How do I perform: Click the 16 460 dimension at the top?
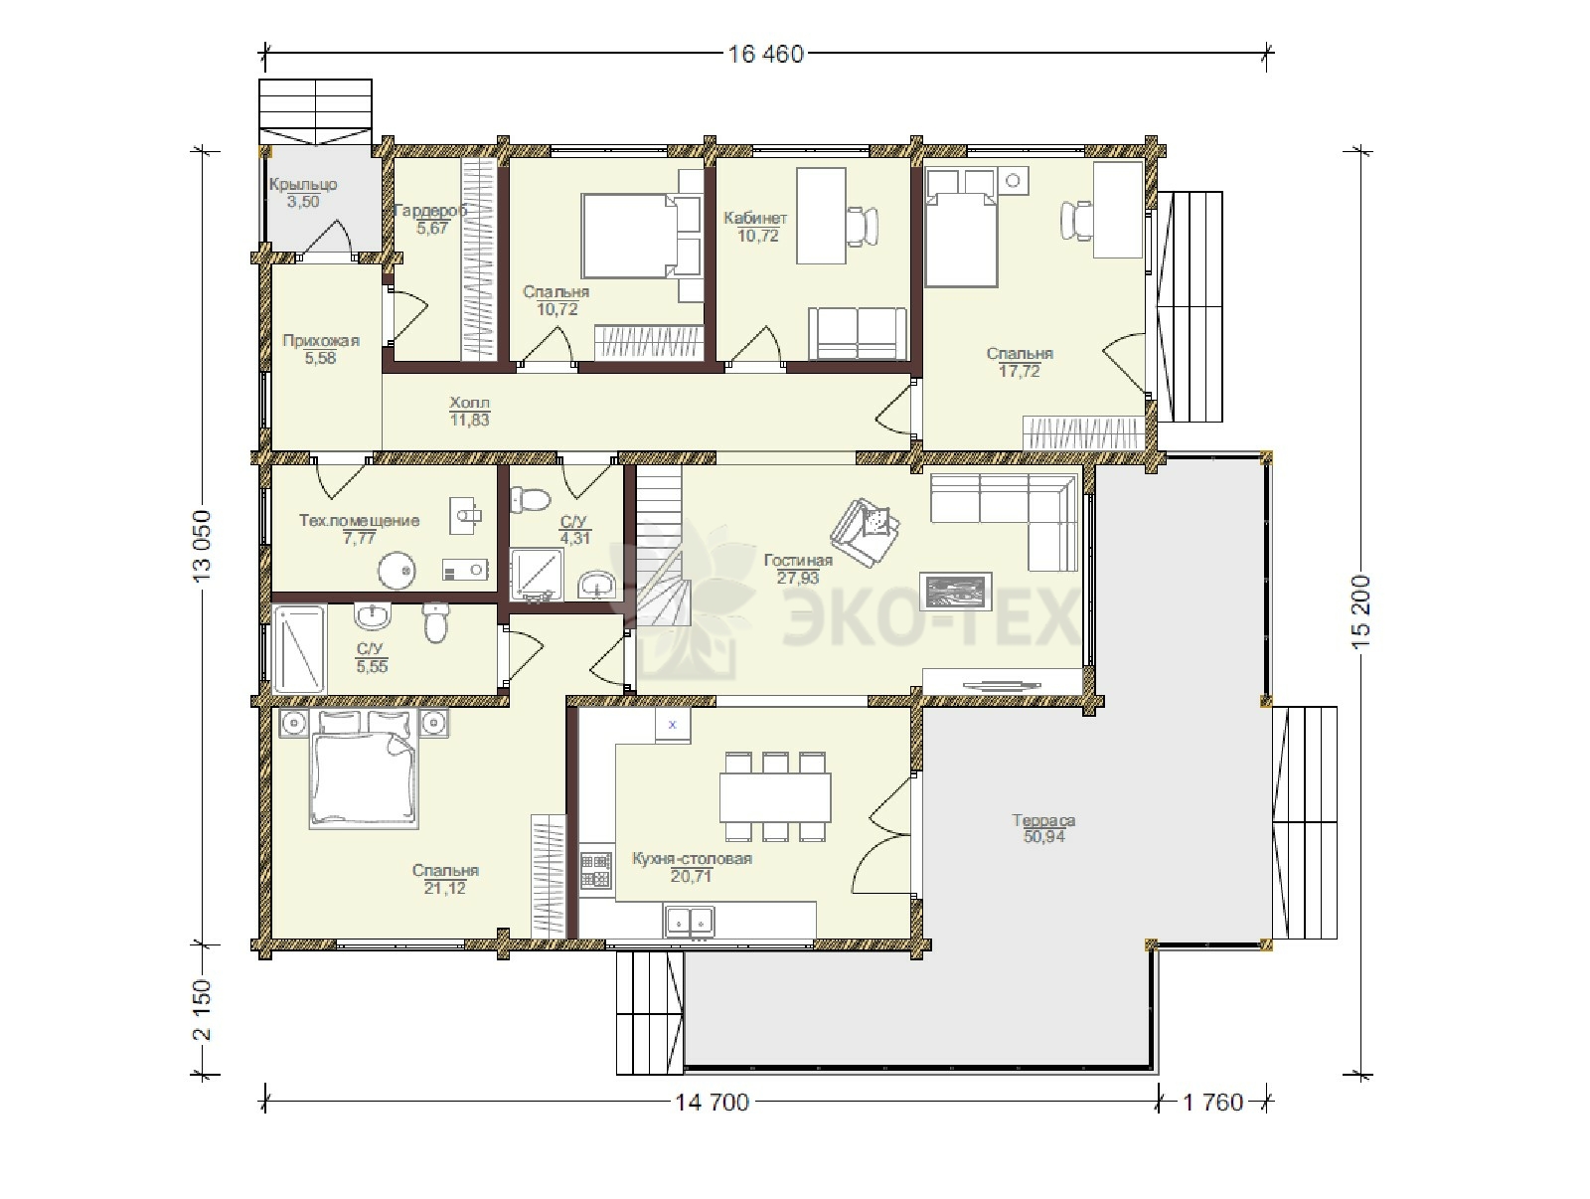click(x=765, y=55)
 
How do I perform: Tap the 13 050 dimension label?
click(x=202, y=545)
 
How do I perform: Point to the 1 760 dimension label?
click(x=1212, y=1102)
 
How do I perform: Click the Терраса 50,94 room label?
click(x=1043, y=828)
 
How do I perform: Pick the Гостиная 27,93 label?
click(x=798, y=569)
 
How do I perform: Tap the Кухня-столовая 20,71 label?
click(x=692, y=867)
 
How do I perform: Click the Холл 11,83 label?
click(x=469, y=411)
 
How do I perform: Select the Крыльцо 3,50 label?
click(x=303, y=193)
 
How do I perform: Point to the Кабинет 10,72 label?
click(x=755, y=226)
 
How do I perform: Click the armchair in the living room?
click(x=866, y=532)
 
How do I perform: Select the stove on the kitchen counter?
click(x=596, y=870)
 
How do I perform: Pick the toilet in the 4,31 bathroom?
click(x=530, y=499)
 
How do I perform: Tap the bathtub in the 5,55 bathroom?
click(x=298, y=649)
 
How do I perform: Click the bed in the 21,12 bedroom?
click(x=365, y=768)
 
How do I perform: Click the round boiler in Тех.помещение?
click(x=397, y=570)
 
